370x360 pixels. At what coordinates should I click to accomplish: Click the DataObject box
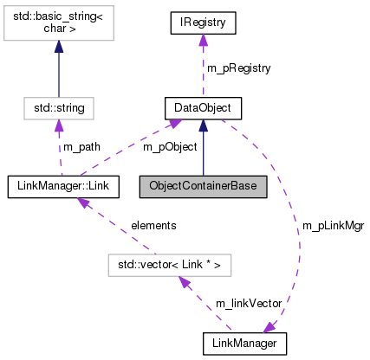pyautogui.click(x=203, y=108)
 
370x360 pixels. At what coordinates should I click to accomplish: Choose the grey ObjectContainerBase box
pyautogui.click(x=203, y=185)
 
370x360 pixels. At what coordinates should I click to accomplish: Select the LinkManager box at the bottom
pyautogui.click(x=244, y=344)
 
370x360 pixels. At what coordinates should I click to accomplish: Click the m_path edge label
pyautogui.click(x=81, y=146)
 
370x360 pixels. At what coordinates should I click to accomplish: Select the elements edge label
pyautogui.click(x=153, y=225)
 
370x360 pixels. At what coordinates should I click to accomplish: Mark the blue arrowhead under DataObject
pyautogui.click(x=203, y=126)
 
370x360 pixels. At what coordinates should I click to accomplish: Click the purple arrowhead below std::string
pyautogui.click(x=58, y=126)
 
